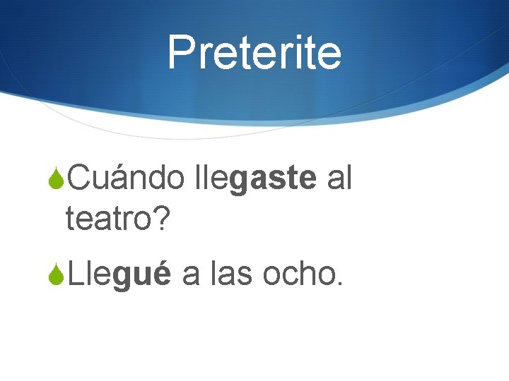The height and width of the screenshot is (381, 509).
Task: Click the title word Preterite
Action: coord(255,52)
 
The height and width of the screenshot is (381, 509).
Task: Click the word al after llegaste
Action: coord(339,179)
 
